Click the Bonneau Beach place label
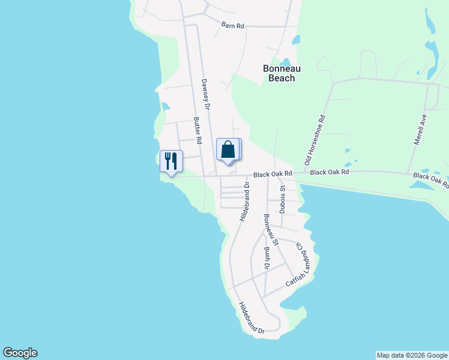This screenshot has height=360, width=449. click(x=279, y=73)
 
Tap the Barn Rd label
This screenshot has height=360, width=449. click(x=232, y=25)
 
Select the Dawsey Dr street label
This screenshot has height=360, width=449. click(x=206, y=95)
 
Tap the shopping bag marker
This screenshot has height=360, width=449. click(x=228, y=149)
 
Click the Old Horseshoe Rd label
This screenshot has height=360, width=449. click(x=315, y=140)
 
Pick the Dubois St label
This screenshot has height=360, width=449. click(x=282, y=199)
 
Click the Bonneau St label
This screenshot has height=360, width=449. click(x=270, y=230)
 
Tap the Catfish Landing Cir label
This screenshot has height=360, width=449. click(x=300, y=263)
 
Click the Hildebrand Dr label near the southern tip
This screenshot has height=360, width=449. click(x=252, y=317)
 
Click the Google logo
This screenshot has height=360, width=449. click(x=20, y=353)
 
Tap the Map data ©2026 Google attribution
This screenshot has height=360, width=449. click(x=412, y=355)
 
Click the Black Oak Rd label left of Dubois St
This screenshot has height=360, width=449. click(x=272, y=174)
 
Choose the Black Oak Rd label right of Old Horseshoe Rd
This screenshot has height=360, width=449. click(x=330, y=172)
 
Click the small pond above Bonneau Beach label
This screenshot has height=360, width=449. click(x=285, y=62)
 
